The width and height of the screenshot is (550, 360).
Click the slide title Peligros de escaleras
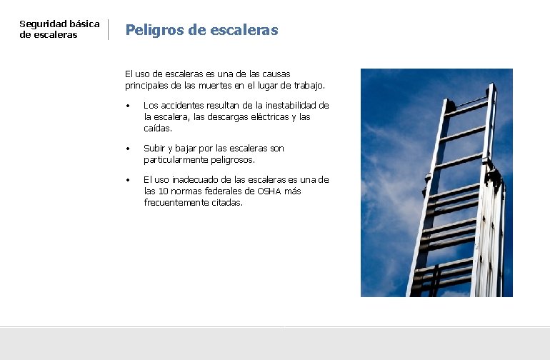point(201,30)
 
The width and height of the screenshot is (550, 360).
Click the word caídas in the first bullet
point(157,128)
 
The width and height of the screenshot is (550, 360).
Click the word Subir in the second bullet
point(154,149)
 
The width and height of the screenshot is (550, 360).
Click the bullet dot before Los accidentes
point(127,106)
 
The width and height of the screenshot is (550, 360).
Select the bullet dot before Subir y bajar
point(127,149)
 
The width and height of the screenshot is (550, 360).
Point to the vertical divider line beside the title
point(108,29)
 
